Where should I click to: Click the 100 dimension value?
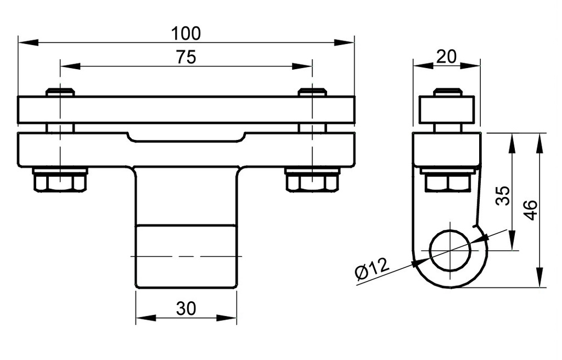[186, 33]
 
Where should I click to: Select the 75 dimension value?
[186, 58]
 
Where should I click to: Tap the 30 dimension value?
[186, 310]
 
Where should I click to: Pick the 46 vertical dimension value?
[530, 210]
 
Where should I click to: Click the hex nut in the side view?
[447, 182]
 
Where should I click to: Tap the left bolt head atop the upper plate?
[60, 92]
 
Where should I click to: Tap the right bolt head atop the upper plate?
[312, 92]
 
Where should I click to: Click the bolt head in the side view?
[447, 92]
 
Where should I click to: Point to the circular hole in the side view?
[450, 251]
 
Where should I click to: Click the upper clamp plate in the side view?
[447, 110]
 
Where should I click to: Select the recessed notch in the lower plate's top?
[186, 137]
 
